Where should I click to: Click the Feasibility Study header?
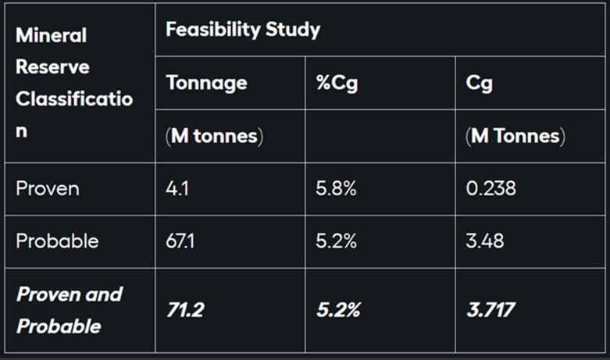(243, 30)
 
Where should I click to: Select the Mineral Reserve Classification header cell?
(74, 83)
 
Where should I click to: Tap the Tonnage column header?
(207, 83)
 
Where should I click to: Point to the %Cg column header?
(337, 83)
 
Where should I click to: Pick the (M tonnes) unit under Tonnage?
(215, 136)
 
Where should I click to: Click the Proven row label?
(48, 188)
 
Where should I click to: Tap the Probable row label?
(57, 241)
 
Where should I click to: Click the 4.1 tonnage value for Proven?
(178, 188)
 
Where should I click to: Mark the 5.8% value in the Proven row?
(337, 188)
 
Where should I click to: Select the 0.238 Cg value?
(490, 188)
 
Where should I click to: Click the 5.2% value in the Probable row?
(337, 241)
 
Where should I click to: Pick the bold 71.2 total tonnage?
(185, 310)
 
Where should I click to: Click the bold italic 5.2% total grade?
(338, 310)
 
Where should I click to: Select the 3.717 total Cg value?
(490, 310)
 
